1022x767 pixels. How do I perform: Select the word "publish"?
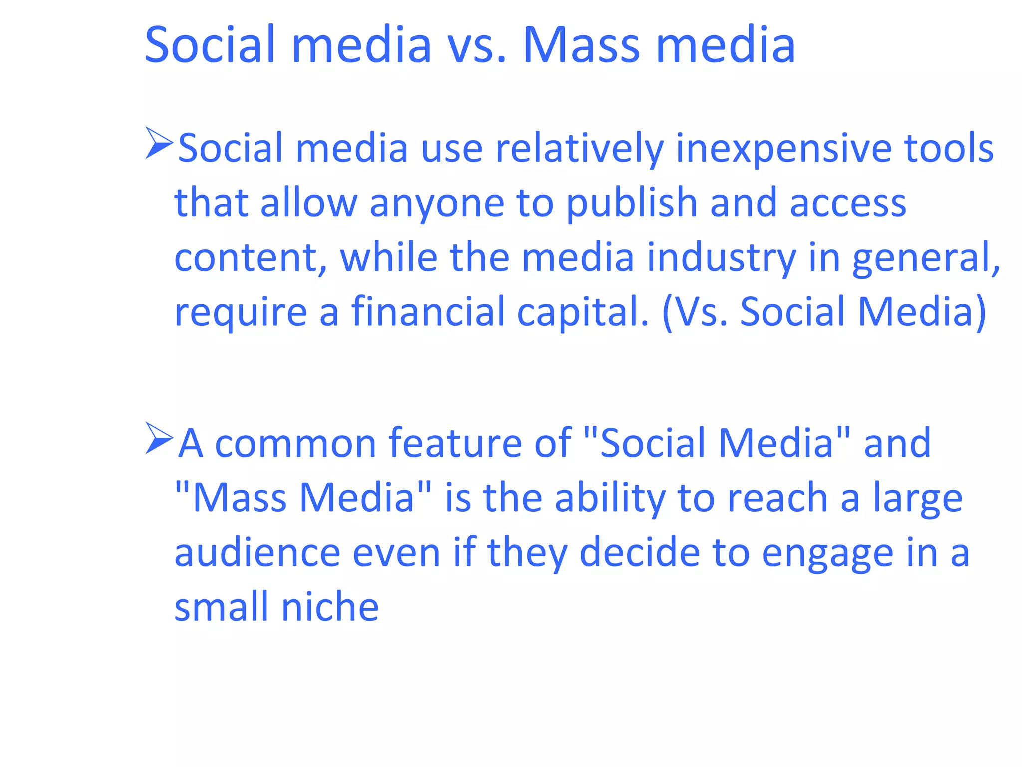(x=632, y=204)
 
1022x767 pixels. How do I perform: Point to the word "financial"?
(x=428, y=312)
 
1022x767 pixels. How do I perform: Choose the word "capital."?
(x=583, y=313)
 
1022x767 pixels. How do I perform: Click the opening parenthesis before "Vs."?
(x=667, y=313)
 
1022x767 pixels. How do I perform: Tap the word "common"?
(x=295, y=444)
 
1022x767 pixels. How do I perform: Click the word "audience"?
(x=257, y=553)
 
